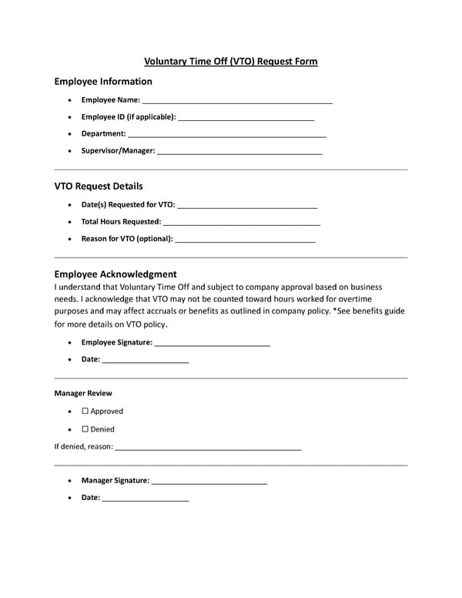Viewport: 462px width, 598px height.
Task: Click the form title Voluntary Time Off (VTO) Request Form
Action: (x=231, y=62)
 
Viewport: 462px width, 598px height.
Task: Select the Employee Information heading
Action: (x=103, y=82)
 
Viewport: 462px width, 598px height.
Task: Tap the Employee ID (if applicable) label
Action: (x=128, y=117)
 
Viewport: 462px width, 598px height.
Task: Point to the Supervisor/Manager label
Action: (x=118, y=151)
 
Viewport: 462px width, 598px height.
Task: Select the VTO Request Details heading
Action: (x=99, y=186)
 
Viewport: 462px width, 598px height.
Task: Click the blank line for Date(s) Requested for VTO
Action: (x=247, y=205)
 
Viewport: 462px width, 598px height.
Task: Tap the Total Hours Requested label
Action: (x=121, y=222)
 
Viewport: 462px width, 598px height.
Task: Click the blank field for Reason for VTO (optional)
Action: (x=246, y=239)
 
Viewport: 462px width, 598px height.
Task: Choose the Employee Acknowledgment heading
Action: (x=115, y=274)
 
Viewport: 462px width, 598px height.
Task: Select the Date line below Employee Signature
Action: (x=146, y=360)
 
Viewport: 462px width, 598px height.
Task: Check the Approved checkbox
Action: (x=85, y=412)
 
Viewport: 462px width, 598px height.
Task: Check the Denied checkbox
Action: (x=85, y=429)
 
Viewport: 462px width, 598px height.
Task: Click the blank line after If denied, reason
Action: (x=208, y=447)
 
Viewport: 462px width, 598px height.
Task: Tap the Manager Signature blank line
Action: (x=209, y=481)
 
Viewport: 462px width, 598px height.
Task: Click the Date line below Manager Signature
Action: (x=146, y=499)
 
